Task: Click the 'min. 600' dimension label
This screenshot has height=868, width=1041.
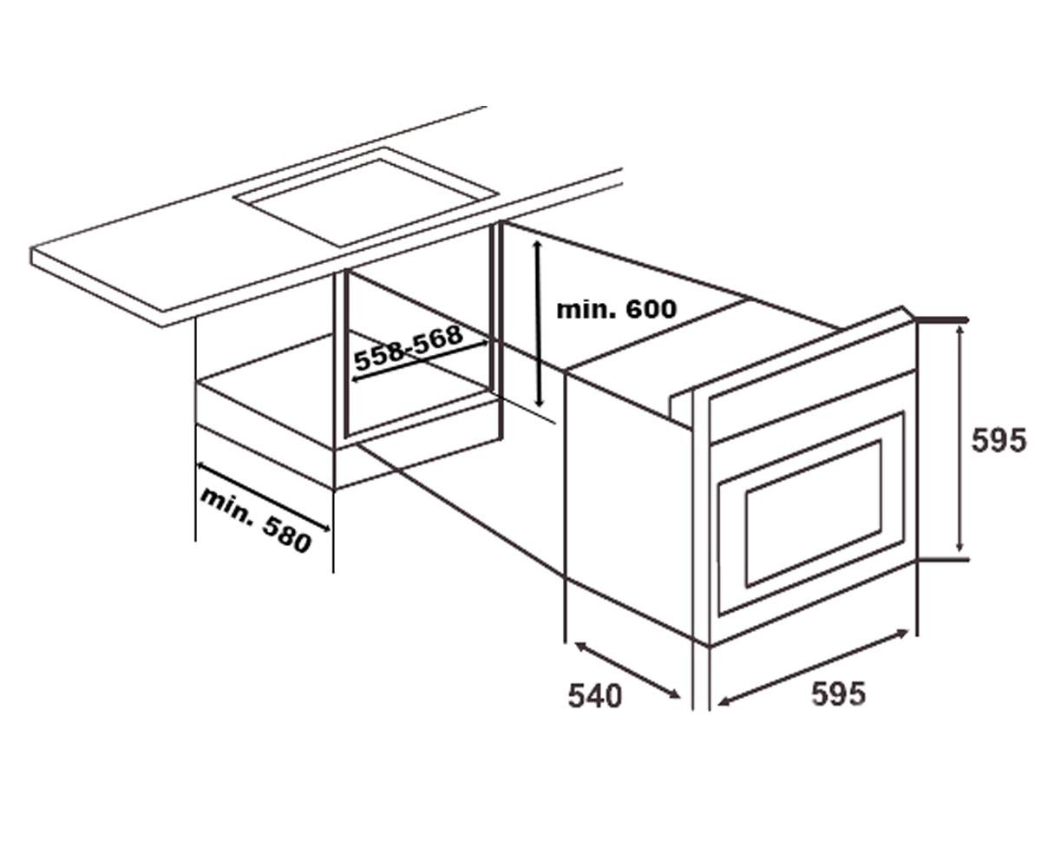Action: [616, 309]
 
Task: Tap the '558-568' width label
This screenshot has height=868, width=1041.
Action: [409, 347]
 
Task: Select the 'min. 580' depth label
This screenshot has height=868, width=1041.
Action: [256, 520]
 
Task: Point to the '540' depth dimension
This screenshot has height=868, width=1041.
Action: [595, 695]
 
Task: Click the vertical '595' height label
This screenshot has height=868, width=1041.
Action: [999, 440]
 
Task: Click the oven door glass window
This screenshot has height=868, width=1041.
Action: [813, 513]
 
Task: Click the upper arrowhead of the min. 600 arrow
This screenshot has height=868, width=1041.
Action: [537, 245]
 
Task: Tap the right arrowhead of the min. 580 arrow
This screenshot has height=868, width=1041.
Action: [325, 529]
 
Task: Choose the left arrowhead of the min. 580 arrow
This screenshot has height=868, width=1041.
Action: [201, 466]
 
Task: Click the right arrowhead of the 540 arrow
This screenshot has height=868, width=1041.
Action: [675, 694]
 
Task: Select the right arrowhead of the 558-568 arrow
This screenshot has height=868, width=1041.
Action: [483, 343]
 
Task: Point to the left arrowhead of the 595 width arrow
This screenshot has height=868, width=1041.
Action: [722, 704]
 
